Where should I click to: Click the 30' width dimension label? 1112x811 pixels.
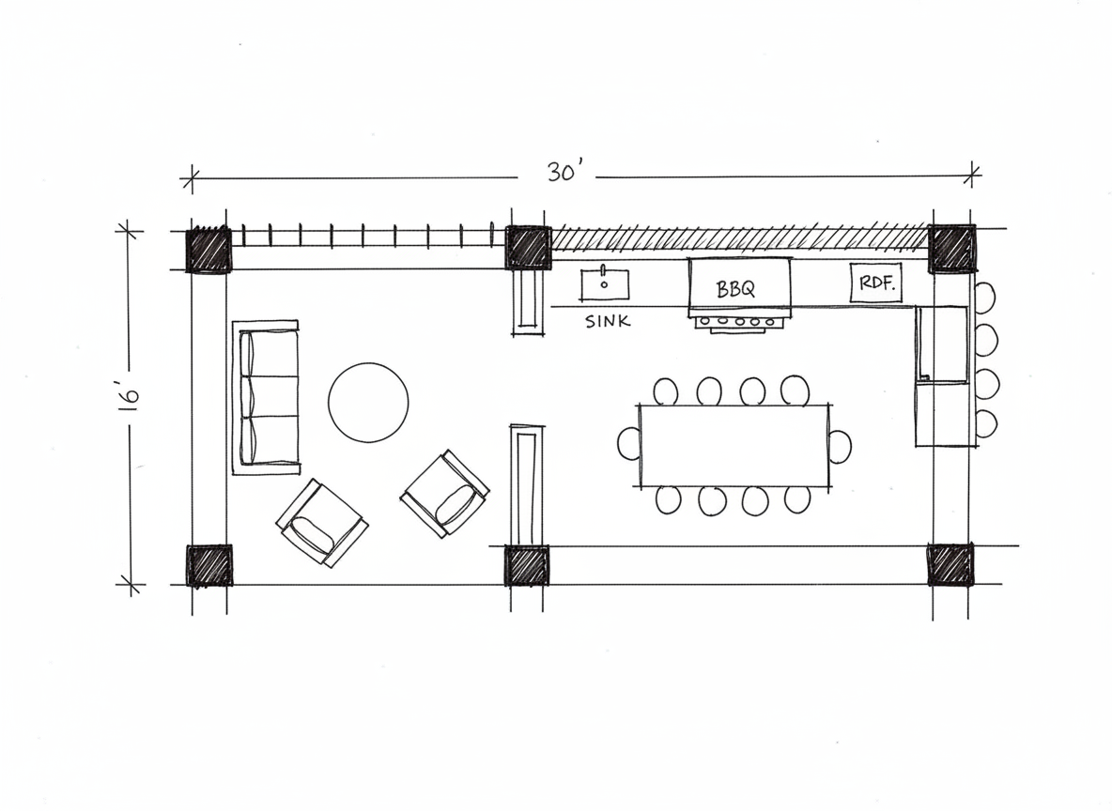point(564,173)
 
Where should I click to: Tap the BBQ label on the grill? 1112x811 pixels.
point(735,289)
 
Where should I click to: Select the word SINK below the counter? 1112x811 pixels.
point(608,321)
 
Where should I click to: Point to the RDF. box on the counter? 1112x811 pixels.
point(876,283)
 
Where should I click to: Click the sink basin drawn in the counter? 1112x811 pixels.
point(605,284)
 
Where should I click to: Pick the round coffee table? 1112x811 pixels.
point(368,403)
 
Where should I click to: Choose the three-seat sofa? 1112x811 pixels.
point(266,397)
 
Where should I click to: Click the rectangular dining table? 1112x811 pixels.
point(734,445)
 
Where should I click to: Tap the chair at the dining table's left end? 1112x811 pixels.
point(628,444)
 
